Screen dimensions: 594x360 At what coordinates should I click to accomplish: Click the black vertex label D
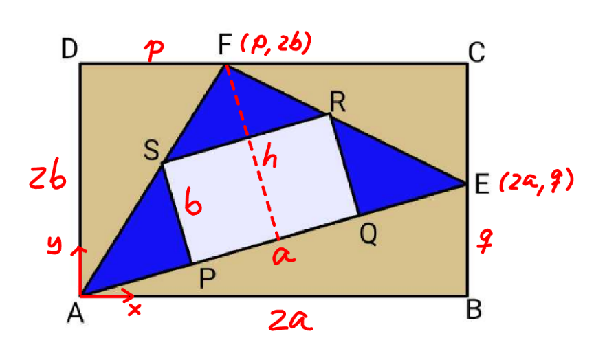[x=69, y=49]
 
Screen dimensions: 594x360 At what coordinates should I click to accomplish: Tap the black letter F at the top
[x=225, y=44]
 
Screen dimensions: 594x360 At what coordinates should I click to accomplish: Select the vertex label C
[x=476, y=52]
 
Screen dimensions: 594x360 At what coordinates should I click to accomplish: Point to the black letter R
[x=338, y=102]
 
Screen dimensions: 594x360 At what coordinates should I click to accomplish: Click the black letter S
[x=152, y=150]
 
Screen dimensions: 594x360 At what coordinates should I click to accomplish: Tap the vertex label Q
[x=368, y=235]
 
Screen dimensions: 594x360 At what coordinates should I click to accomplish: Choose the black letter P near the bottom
[x=207, y=280]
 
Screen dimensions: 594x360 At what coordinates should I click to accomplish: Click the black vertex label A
[x=76, y=313]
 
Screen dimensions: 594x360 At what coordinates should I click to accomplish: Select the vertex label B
[x=474, y=309]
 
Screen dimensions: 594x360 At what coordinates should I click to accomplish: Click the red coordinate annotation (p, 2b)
[x=276, y=44]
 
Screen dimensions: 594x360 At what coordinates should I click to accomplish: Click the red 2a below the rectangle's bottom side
[x=291, y=320]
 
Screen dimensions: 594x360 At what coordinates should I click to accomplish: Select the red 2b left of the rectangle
[x=47, y=177]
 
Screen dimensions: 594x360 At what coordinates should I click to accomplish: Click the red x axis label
[x=134, y=310]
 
